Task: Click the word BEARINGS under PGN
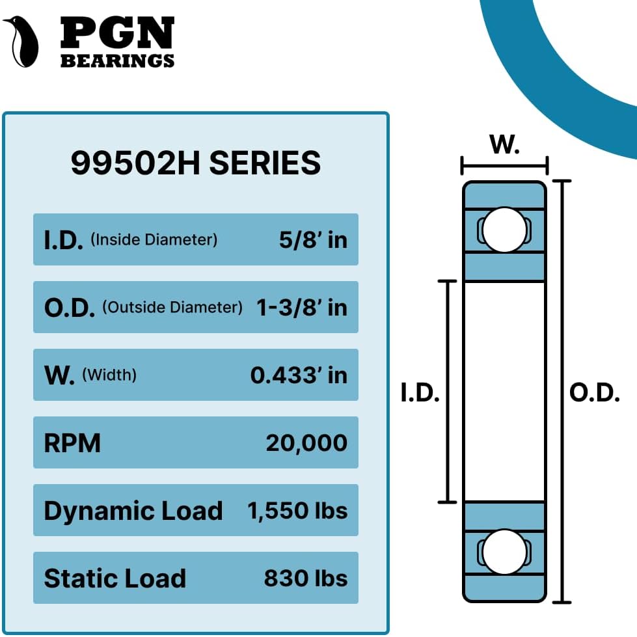tap(117, 61)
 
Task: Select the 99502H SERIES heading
tap(195, 163)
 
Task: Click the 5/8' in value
tap(313, 240)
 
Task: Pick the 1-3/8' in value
tap(302, 307)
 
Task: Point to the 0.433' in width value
tap(299, 375)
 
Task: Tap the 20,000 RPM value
tap(306, 443)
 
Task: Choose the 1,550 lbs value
tap(297, 511)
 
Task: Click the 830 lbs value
tap(306, 578)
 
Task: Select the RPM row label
tap(72, 443)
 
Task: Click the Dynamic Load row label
tap(133, 511)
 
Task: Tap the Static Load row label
tap(115, 578)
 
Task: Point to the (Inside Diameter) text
tap(154, 239)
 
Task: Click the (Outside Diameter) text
tap(172, 307)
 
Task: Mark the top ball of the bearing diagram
tap(504, 230)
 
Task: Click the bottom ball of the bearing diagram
tap(504, 552)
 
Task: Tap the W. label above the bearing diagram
tap(504, 144)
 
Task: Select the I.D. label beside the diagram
tap(420, 393)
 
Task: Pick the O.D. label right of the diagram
tap(595, 393)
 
